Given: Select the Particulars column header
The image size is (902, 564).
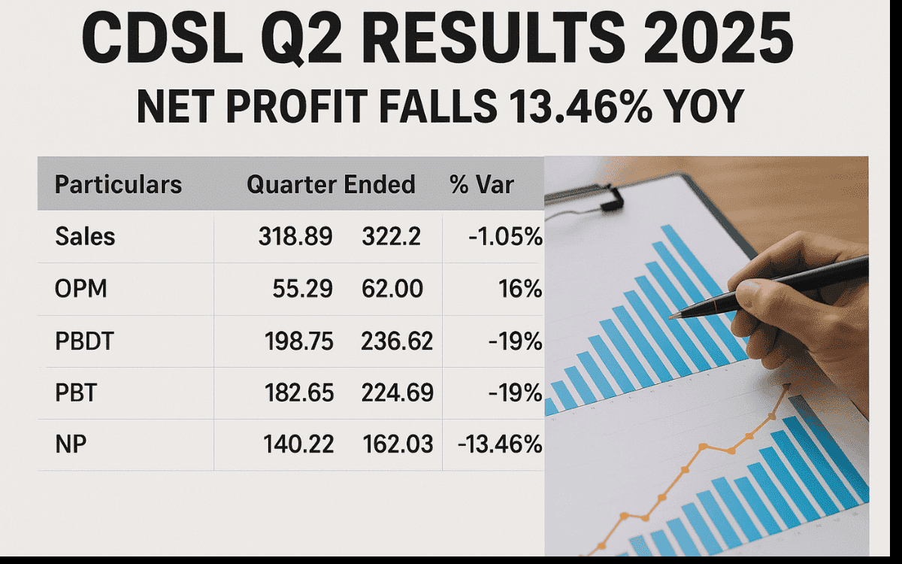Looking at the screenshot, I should (x=119, y=184).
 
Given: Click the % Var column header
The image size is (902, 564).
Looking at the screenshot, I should (x=482, y=184).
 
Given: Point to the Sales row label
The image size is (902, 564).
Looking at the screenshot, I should (x=85, y=237).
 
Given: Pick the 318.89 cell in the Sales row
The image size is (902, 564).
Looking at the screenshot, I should (x=295, y=237).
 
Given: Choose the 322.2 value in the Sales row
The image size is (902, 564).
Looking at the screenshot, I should (x=391, y=237).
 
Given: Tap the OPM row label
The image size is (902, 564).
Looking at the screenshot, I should (x=80, y=289).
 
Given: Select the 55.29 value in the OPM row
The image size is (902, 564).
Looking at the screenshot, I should (x=301, y=289).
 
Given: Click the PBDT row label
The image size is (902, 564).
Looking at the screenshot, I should (x=83, y=341).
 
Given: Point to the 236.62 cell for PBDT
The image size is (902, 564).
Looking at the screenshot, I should (x=398, y=341).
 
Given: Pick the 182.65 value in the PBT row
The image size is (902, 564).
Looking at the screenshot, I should (x=298, y=393).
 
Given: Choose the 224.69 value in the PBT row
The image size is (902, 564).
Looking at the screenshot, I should (x=398, y=393).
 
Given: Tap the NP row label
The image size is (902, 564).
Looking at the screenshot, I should (x=71, y=444).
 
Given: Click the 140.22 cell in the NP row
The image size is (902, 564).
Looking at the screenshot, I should (x=298, y=444).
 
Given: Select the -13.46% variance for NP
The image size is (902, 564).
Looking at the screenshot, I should (x=499, y=444).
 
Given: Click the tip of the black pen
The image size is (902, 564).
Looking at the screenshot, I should (x=671, y=316).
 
